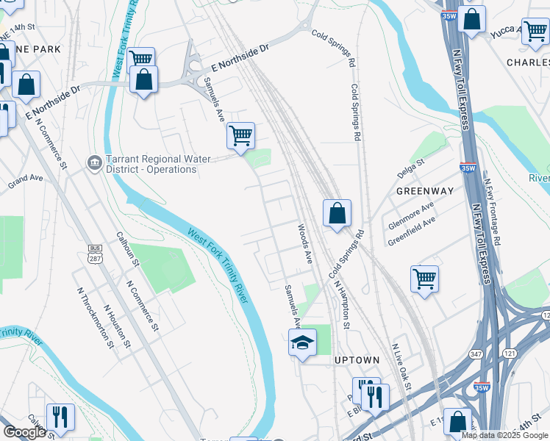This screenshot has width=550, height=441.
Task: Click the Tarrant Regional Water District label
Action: click(x=151, y=164)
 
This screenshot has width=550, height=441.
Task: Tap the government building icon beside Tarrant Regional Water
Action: click(x=94, y=162)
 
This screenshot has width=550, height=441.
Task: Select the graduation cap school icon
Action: click(x=301, y=343)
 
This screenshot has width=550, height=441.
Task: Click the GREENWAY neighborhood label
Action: click(x=424, y=190)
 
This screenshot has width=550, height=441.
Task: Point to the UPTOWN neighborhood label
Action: click(x=357, y=360)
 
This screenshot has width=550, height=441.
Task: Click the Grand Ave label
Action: click(x=26, y=179)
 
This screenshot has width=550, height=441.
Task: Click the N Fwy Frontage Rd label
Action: click(x=493, y=209)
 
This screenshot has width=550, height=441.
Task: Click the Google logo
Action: click(x=24, y=432)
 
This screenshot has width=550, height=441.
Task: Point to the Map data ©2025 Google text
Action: click(x=504, y=435)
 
